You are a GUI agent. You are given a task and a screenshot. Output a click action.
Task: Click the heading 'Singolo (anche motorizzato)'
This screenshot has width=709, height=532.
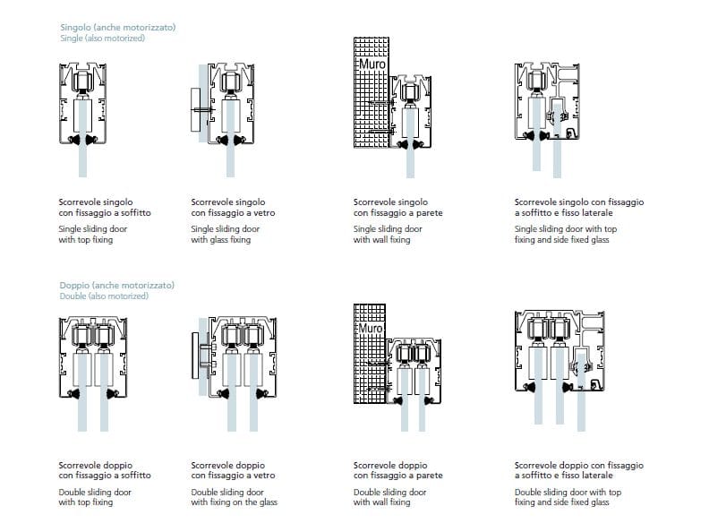pyautogui.click(x=117, y=28)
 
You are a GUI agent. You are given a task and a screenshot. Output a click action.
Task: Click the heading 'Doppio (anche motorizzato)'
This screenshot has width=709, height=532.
pyautogui.click(x=116, y=285)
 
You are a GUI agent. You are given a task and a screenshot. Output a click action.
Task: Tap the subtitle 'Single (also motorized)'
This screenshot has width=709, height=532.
pyautogui.click(x=102, y=39)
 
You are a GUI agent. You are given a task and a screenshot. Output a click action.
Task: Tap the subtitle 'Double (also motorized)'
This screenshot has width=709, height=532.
pyautogui.click(x=104, y=296)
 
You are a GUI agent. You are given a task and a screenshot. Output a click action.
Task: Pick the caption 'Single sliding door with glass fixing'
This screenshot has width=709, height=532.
pyautogui.click(x=221, y=235)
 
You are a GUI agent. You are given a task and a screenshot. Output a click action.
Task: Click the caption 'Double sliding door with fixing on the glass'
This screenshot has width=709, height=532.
pyautogui.click(x=235, y=497)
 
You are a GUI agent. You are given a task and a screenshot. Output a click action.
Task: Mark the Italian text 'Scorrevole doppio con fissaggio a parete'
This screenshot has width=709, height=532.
pyautogui.click(x=397, y=470)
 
